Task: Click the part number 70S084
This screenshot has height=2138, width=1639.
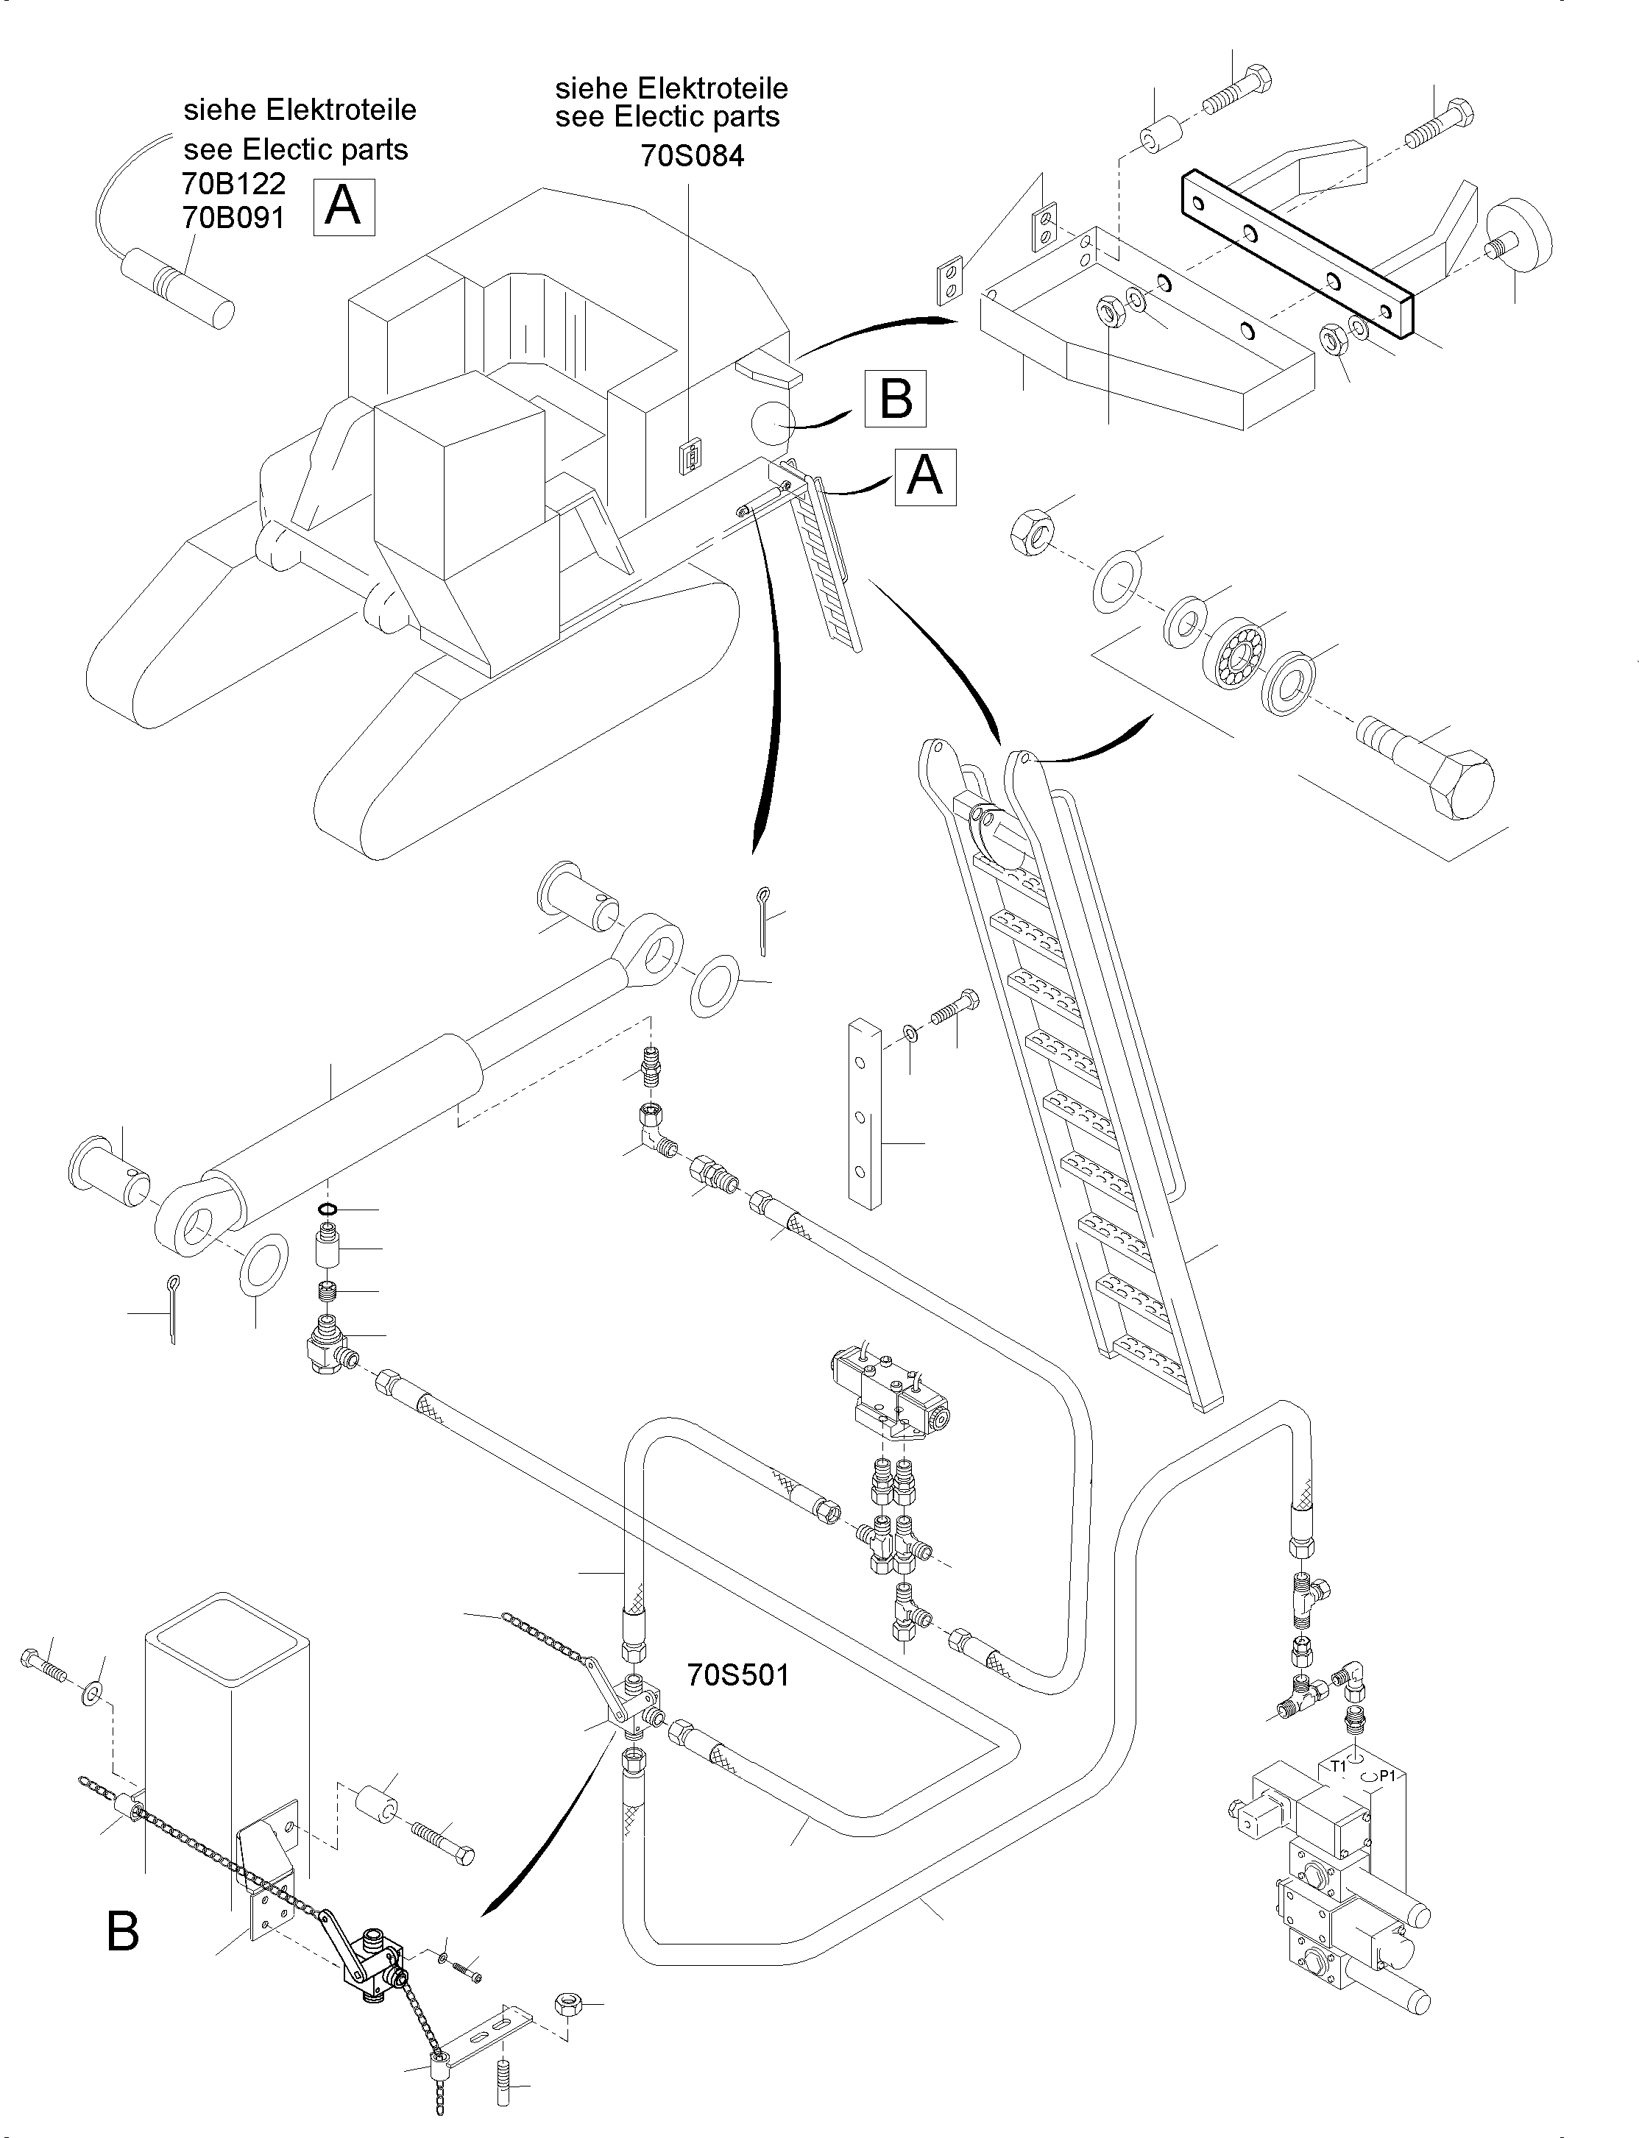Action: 692,155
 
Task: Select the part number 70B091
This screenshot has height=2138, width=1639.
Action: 233,218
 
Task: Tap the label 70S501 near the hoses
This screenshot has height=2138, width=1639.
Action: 737,1674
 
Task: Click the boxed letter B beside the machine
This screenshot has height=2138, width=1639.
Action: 895,398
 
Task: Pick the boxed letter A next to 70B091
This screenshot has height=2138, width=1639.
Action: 342,206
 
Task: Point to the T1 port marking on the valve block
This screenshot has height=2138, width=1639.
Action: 1339,1766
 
